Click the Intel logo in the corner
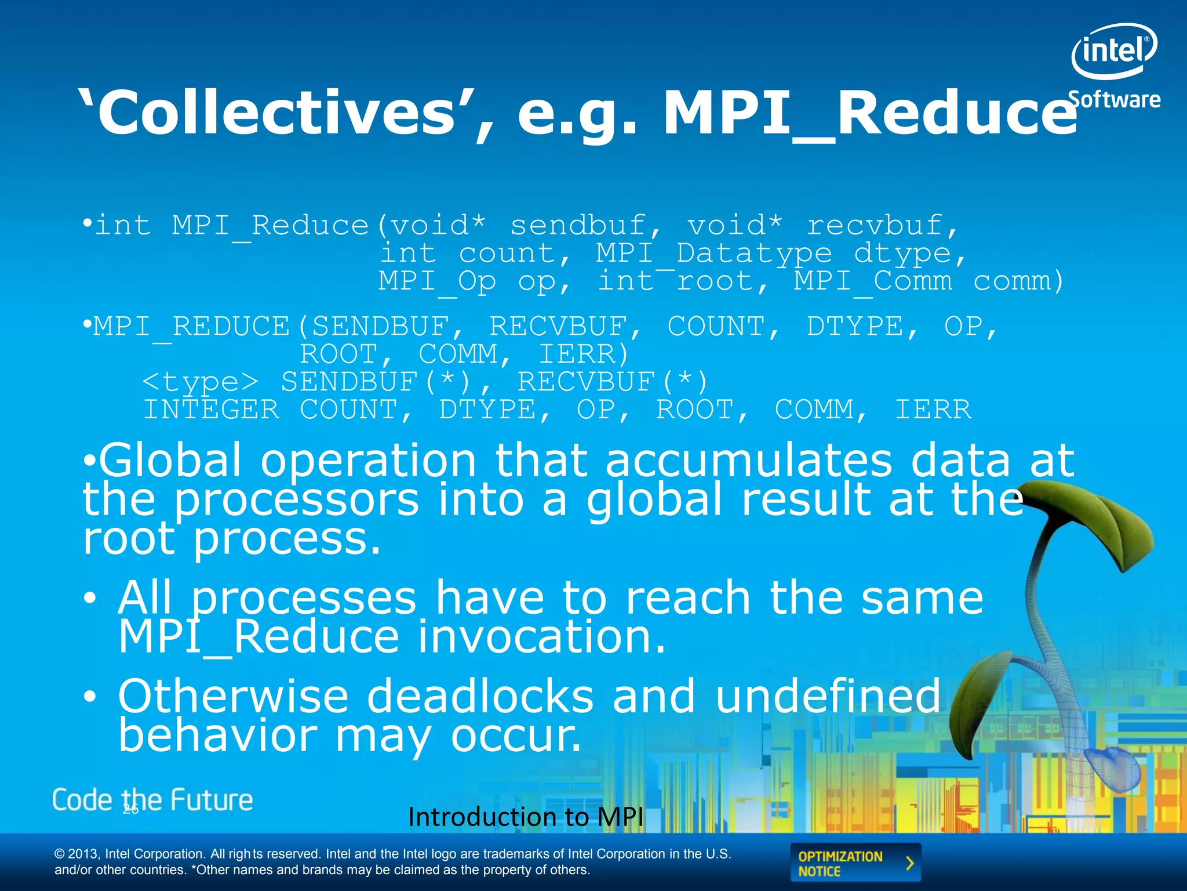pos(1113,51)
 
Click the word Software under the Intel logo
pos(1113,100)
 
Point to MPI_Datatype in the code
pos(714,253)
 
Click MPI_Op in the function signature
pos(438,281)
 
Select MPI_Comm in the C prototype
pos(873,281)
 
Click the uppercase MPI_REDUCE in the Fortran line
pos(191,327)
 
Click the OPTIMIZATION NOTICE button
pos(855,863)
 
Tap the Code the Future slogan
pos(152,801)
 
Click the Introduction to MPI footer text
pos(525,817)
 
